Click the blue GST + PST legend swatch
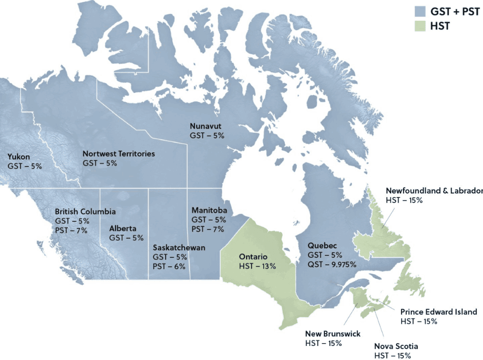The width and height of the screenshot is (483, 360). [419, 11]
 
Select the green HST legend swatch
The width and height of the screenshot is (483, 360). [419, 26]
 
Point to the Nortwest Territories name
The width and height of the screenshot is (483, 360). [118, 154]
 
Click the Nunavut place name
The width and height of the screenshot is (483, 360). [205, 126]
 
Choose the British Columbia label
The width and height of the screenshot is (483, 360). [85, 212]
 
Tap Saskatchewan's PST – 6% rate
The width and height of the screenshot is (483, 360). [170, 266]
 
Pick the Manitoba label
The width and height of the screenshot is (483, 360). [209, 210]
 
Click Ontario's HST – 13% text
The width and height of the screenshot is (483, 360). [258, 266]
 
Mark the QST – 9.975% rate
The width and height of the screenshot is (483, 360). [332, 264]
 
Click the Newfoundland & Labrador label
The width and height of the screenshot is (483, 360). [434, 191]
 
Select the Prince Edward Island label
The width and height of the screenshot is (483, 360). [439, 312]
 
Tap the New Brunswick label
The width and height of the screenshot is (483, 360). [333, 334]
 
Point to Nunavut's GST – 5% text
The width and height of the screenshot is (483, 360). [207, 135]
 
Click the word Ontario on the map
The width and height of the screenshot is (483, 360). [253, 257]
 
